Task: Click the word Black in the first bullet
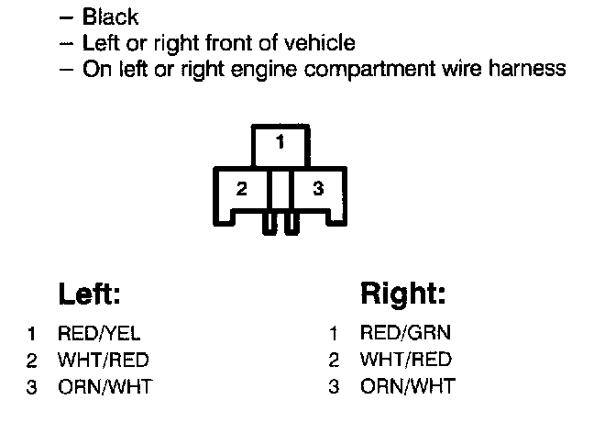(x=110, y=17)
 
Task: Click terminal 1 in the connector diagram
(x=280, y=142)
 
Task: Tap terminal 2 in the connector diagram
(x=241, y=190)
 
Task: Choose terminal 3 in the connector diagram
(x=318, y=190)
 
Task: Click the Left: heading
(x=90, y=294)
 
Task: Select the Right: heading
(x=403, y=294)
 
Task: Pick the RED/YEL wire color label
(x=99, y=335)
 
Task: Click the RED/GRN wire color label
(x=405, y=333)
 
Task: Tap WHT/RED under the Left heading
(x=103, y=361)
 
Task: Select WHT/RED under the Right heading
(x=406, y=360)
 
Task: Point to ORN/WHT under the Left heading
(x=104, y=387)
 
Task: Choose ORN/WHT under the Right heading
(x=407, y=386)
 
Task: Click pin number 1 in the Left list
(x=31, y=335)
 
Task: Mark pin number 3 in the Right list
(x=335, y=386)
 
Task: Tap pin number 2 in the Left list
(x=31, y=361)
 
